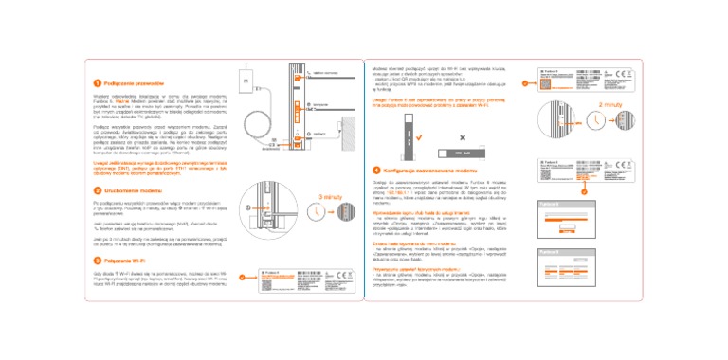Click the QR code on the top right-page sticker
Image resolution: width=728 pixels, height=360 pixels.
(x=586, y=79)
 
